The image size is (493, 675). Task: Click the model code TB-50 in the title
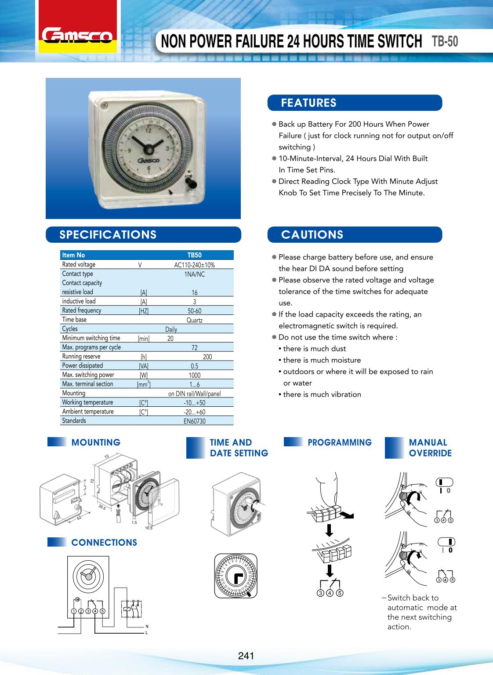[x=445, y=41]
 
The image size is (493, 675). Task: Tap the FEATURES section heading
[x=308, y=103]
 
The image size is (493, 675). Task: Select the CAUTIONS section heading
[x=312, y=234]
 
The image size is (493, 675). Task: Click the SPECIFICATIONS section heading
[x=108, y=234]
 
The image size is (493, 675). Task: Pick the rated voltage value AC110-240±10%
[x=194, y=265]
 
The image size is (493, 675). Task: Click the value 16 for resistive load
[x=194, y=292]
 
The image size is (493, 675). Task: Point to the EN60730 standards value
[x=194, y=421]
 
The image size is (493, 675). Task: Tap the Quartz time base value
[x=194, y=320]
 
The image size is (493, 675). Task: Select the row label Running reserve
[x=81, y=357]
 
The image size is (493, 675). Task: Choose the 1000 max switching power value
[x=194, y=375]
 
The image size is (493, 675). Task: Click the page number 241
[x=246, y=656]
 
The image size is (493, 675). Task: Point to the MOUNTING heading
[x=96, y=442]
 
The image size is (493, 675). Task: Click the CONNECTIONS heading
[x=104, y=543]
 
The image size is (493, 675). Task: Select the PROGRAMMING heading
[x=340, y=442]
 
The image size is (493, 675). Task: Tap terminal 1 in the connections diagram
[x=74, y=611]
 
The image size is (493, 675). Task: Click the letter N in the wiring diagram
[x=147, y=626]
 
